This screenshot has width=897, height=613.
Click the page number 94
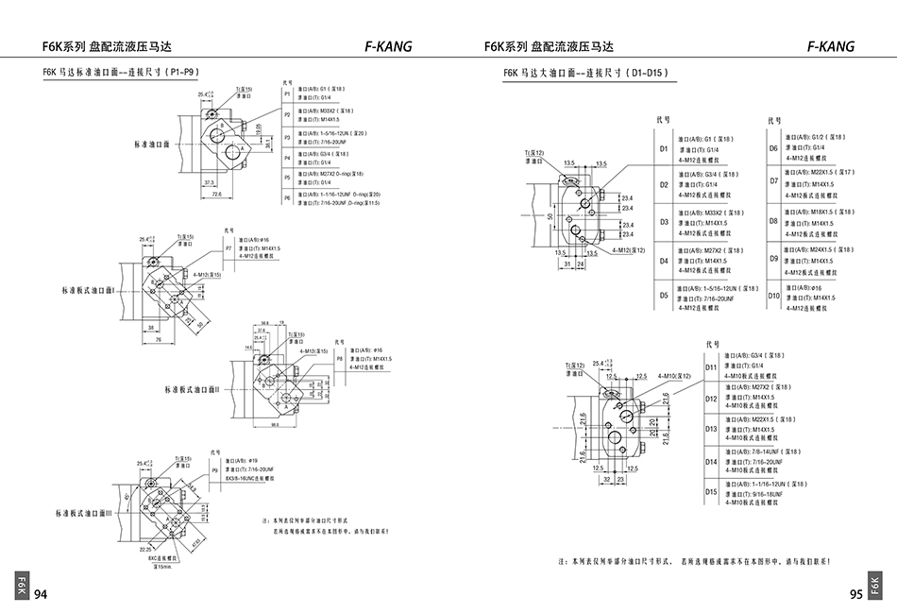coord(41,594)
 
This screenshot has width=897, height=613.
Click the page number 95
coord(855,594)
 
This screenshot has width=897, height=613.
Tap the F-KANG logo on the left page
coord(387,45)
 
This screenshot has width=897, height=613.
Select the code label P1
coord(288,94)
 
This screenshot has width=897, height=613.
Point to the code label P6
coord(288,197)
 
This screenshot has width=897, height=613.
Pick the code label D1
coord(664,148)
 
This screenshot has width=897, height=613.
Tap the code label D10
coord(773,296)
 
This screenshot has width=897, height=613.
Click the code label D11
coord(711,366)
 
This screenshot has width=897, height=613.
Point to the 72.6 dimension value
coord(217,195)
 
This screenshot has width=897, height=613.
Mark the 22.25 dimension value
coord(144,547)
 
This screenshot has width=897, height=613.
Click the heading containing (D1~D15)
coord(585,73)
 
